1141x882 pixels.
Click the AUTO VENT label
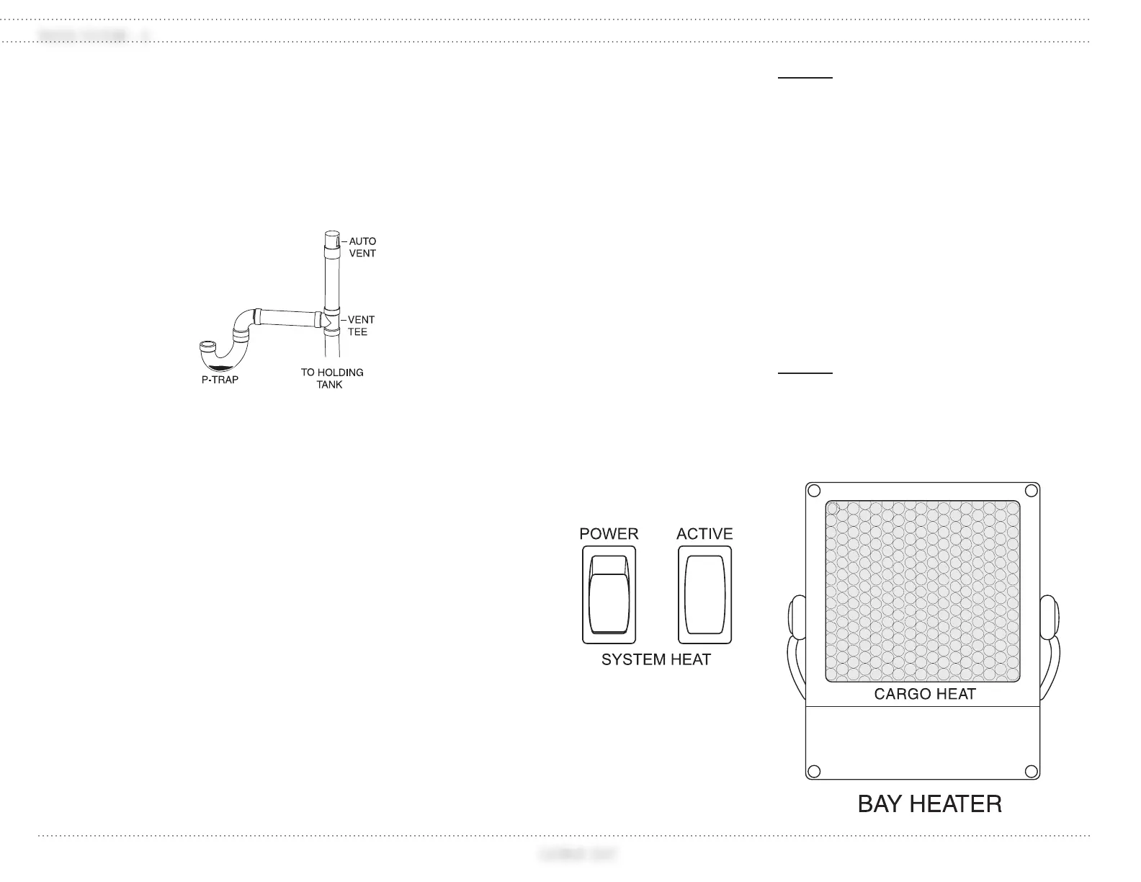362,247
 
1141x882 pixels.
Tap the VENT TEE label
360,326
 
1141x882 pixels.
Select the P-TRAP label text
220,380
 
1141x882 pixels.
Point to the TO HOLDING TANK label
331,378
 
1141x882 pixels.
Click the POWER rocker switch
609,594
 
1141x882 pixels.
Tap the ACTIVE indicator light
704,594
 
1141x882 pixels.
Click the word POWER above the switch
609,534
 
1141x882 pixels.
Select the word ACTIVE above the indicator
704,534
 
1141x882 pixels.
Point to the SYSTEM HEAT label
656,659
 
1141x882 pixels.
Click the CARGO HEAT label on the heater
925,694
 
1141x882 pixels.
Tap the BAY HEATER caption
929,804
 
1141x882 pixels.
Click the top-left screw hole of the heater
814,491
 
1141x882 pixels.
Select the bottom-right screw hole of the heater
1032,772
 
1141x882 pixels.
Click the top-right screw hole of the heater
1032,491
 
